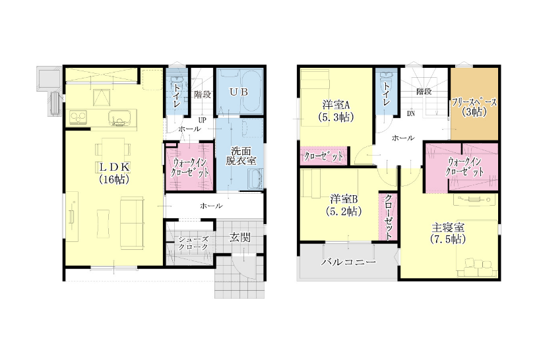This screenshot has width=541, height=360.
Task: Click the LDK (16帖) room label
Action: (x=114, y=173)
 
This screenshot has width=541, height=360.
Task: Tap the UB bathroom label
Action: (x=239, y=92)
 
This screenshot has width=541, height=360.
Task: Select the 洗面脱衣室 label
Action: (x=241, y=156)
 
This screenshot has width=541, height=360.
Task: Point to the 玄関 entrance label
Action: (x=239, y=237)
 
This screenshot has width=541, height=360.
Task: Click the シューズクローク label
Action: (x=193, y=243)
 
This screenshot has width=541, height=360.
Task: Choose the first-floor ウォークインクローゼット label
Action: (x=190, y=167)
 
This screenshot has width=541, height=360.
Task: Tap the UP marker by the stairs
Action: (x=202, y=121)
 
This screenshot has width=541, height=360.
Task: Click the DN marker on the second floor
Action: (x=410, y=113)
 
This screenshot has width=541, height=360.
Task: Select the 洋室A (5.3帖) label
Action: (x=336, y=111)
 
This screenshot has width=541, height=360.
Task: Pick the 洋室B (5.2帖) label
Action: (x=344, y=206)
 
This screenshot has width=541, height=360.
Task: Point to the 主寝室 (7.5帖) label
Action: (x=448, y=233)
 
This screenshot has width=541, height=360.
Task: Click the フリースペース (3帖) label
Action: (x=474, y=107)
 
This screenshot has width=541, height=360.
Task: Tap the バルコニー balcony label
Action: (x=348, y=262)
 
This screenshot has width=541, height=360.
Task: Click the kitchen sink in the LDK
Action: (x=119, y=117)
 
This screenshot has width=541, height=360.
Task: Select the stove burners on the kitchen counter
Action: (x=79, y=117)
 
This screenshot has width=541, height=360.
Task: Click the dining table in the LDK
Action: (x=113, y=150)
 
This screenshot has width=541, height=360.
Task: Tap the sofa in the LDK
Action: (x=132, y=223)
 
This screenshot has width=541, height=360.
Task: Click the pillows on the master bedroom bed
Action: (x=478, y=268)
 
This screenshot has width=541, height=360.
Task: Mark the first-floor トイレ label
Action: (x=177, y=94)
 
